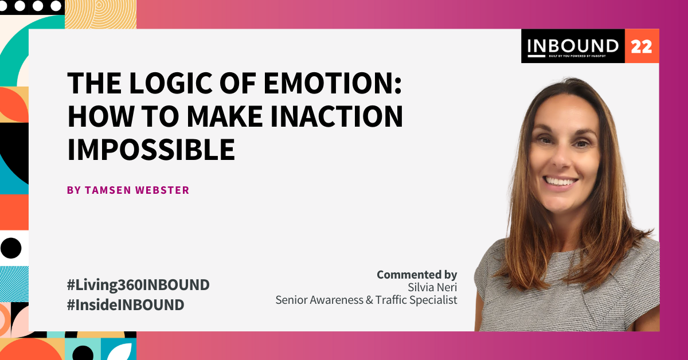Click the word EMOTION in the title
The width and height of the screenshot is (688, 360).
click(x=333, y=83)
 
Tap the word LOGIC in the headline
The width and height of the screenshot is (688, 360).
click(x=170, y=83)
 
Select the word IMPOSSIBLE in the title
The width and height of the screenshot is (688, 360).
click(x=151, y=149)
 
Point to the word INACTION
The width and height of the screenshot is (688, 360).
click(x=337, y=116)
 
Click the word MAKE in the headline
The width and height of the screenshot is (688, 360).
click(x=225, y=116)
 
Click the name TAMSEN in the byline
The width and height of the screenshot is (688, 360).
click(x=108, y=190)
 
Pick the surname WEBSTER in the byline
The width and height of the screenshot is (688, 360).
click(x=162, y=190)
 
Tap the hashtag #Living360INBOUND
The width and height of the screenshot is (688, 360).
click(x=138, y=285)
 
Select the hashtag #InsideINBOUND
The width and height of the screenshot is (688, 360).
click(x=126, y=305)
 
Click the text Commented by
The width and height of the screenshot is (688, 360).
click(x=417, y=275)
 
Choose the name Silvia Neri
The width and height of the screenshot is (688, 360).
click(x=432, y=288)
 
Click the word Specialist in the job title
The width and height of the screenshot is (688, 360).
click(x=436, y=300)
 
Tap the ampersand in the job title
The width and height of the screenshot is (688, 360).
click(x=369, y=300)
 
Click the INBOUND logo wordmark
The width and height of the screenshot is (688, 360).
click(x=573, y=46)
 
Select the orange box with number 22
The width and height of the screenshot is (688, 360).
click(x=642, y=46)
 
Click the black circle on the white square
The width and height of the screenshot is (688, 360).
click(x=11, y=248)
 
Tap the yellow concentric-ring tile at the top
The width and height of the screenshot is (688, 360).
click(x=101, y=14)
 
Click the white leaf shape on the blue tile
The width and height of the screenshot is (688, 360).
click(x=121, y=352)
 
